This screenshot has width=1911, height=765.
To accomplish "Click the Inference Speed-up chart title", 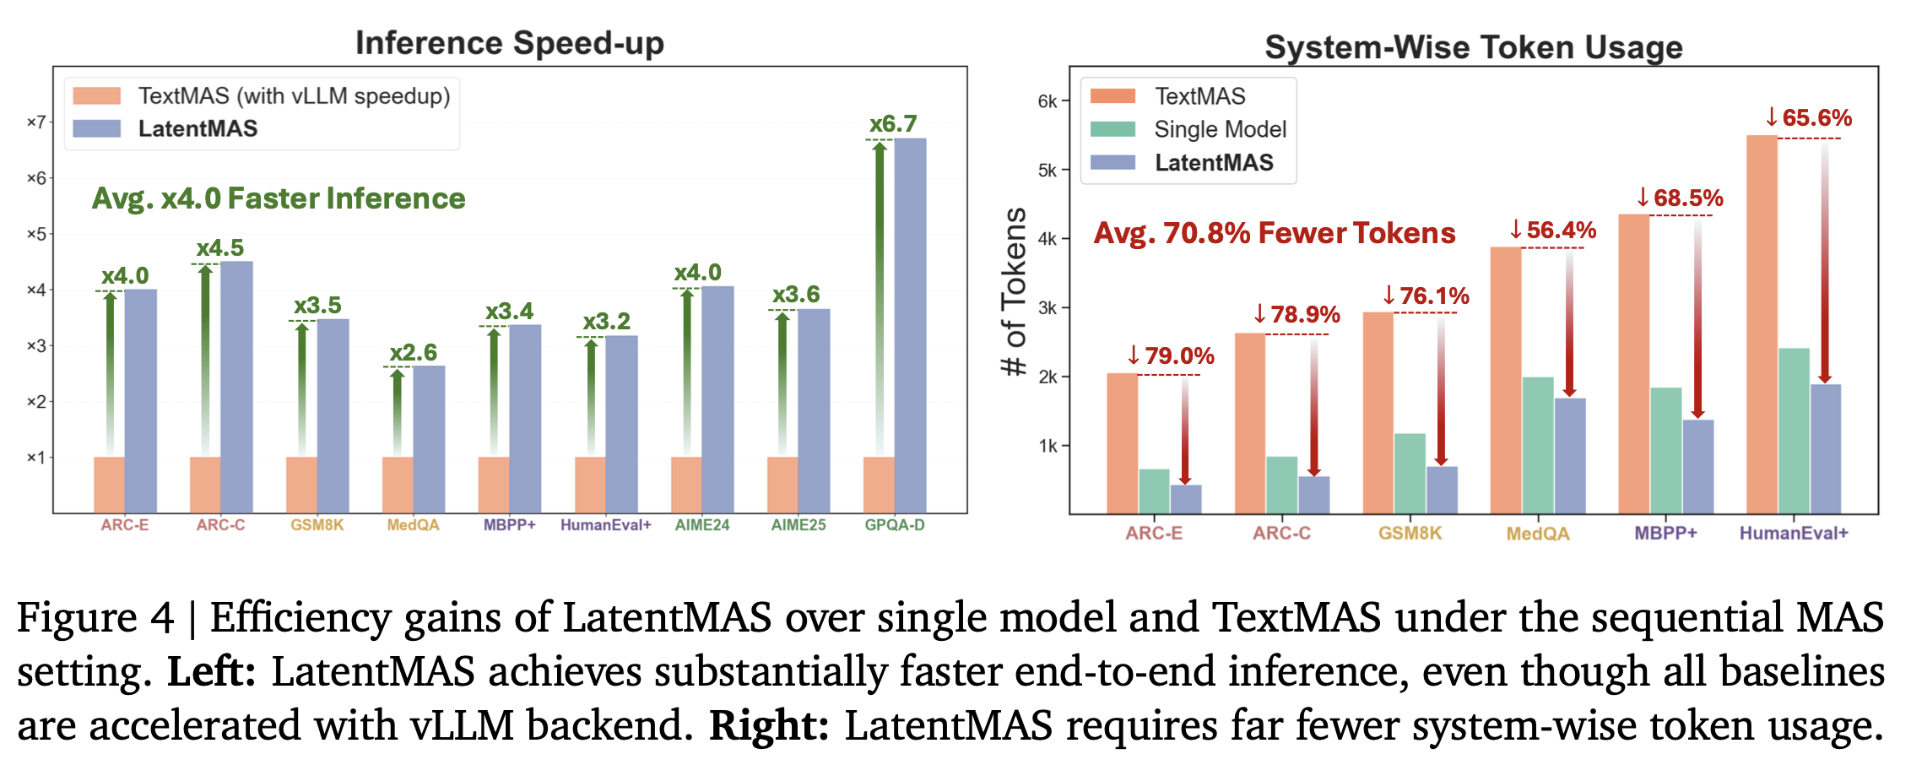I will [x=509, y=43].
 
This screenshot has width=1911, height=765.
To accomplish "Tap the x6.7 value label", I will [x=893, y=124].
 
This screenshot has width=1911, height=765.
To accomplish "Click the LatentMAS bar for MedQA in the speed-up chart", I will [x=429, y=439].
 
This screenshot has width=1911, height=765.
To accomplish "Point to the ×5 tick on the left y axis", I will [x=36, y=234].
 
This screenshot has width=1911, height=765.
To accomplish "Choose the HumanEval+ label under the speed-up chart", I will [x=606, y=525].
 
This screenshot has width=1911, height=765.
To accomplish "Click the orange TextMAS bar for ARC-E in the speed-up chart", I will [x=109, y=485].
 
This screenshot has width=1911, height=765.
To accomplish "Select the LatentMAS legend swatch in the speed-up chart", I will [x=96, y=129].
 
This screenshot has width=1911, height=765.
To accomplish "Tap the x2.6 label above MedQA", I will [x=413, y=352].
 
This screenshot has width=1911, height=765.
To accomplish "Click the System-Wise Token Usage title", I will [x=1473, y=47].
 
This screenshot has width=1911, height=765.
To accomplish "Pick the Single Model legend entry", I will [x=1220, y=129].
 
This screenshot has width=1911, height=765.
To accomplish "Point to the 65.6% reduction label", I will [x=1809, y=117].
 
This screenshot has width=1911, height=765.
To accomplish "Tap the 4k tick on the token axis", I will [x=1048, y=239].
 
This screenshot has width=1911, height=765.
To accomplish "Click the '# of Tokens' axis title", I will [x=1014, y=290].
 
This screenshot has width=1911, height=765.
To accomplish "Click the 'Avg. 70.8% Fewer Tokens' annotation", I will [x=1275, y=233].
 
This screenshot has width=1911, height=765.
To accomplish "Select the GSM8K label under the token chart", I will [x=1410, y=534].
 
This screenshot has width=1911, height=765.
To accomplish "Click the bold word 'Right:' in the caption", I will [x=769, y=725].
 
